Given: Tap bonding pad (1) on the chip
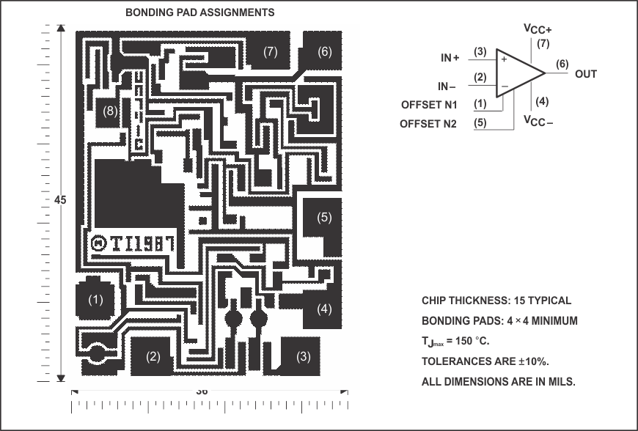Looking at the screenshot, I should pyautogui.click(x=96, y=300).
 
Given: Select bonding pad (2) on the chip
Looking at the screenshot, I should pyautogui.click(x=153, y=357).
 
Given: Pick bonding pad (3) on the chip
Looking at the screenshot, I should pyautogui.click(x=302, y=357).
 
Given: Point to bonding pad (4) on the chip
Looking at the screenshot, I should pyautogui.click(x=323, y=309).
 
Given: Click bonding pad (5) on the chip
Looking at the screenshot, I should pyautogui.click(x=323, y=218).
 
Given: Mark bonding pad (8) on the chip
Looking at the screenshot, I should pyautogui.click(x=109, y=111).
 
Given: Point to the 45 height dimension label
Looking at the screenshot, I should pyautogui.click(x=60, y=200).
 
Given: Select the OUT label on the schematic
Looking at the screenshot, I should pyautogui.click(x=586, y=73).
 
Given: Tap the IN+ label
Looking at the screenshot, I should pyautogui.click(x=450, y=57).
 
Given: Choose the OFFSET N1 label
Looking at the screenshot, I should pyautogui.click(x=429, y=105).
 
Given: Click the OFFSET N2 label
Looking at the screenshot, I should pyautogui.click(x=428, y=124).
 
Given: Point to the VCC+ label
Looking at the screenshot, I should pyautogui.click(x=538, y=29).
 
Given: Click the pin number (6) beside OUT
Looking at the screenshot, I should pyautogui.click(x=562, y=63).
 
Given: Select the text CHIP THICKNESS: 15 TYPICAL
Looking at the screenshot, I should pyautogui.click(x=496, y=301).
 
